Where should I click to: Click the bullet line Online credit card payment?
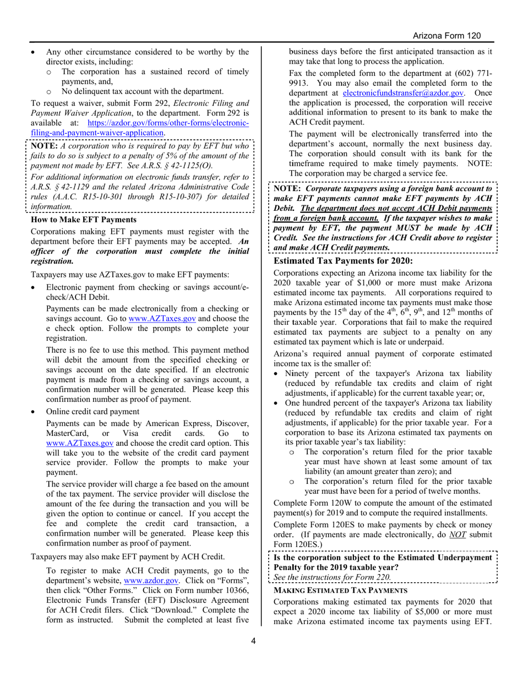point(92,412)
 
